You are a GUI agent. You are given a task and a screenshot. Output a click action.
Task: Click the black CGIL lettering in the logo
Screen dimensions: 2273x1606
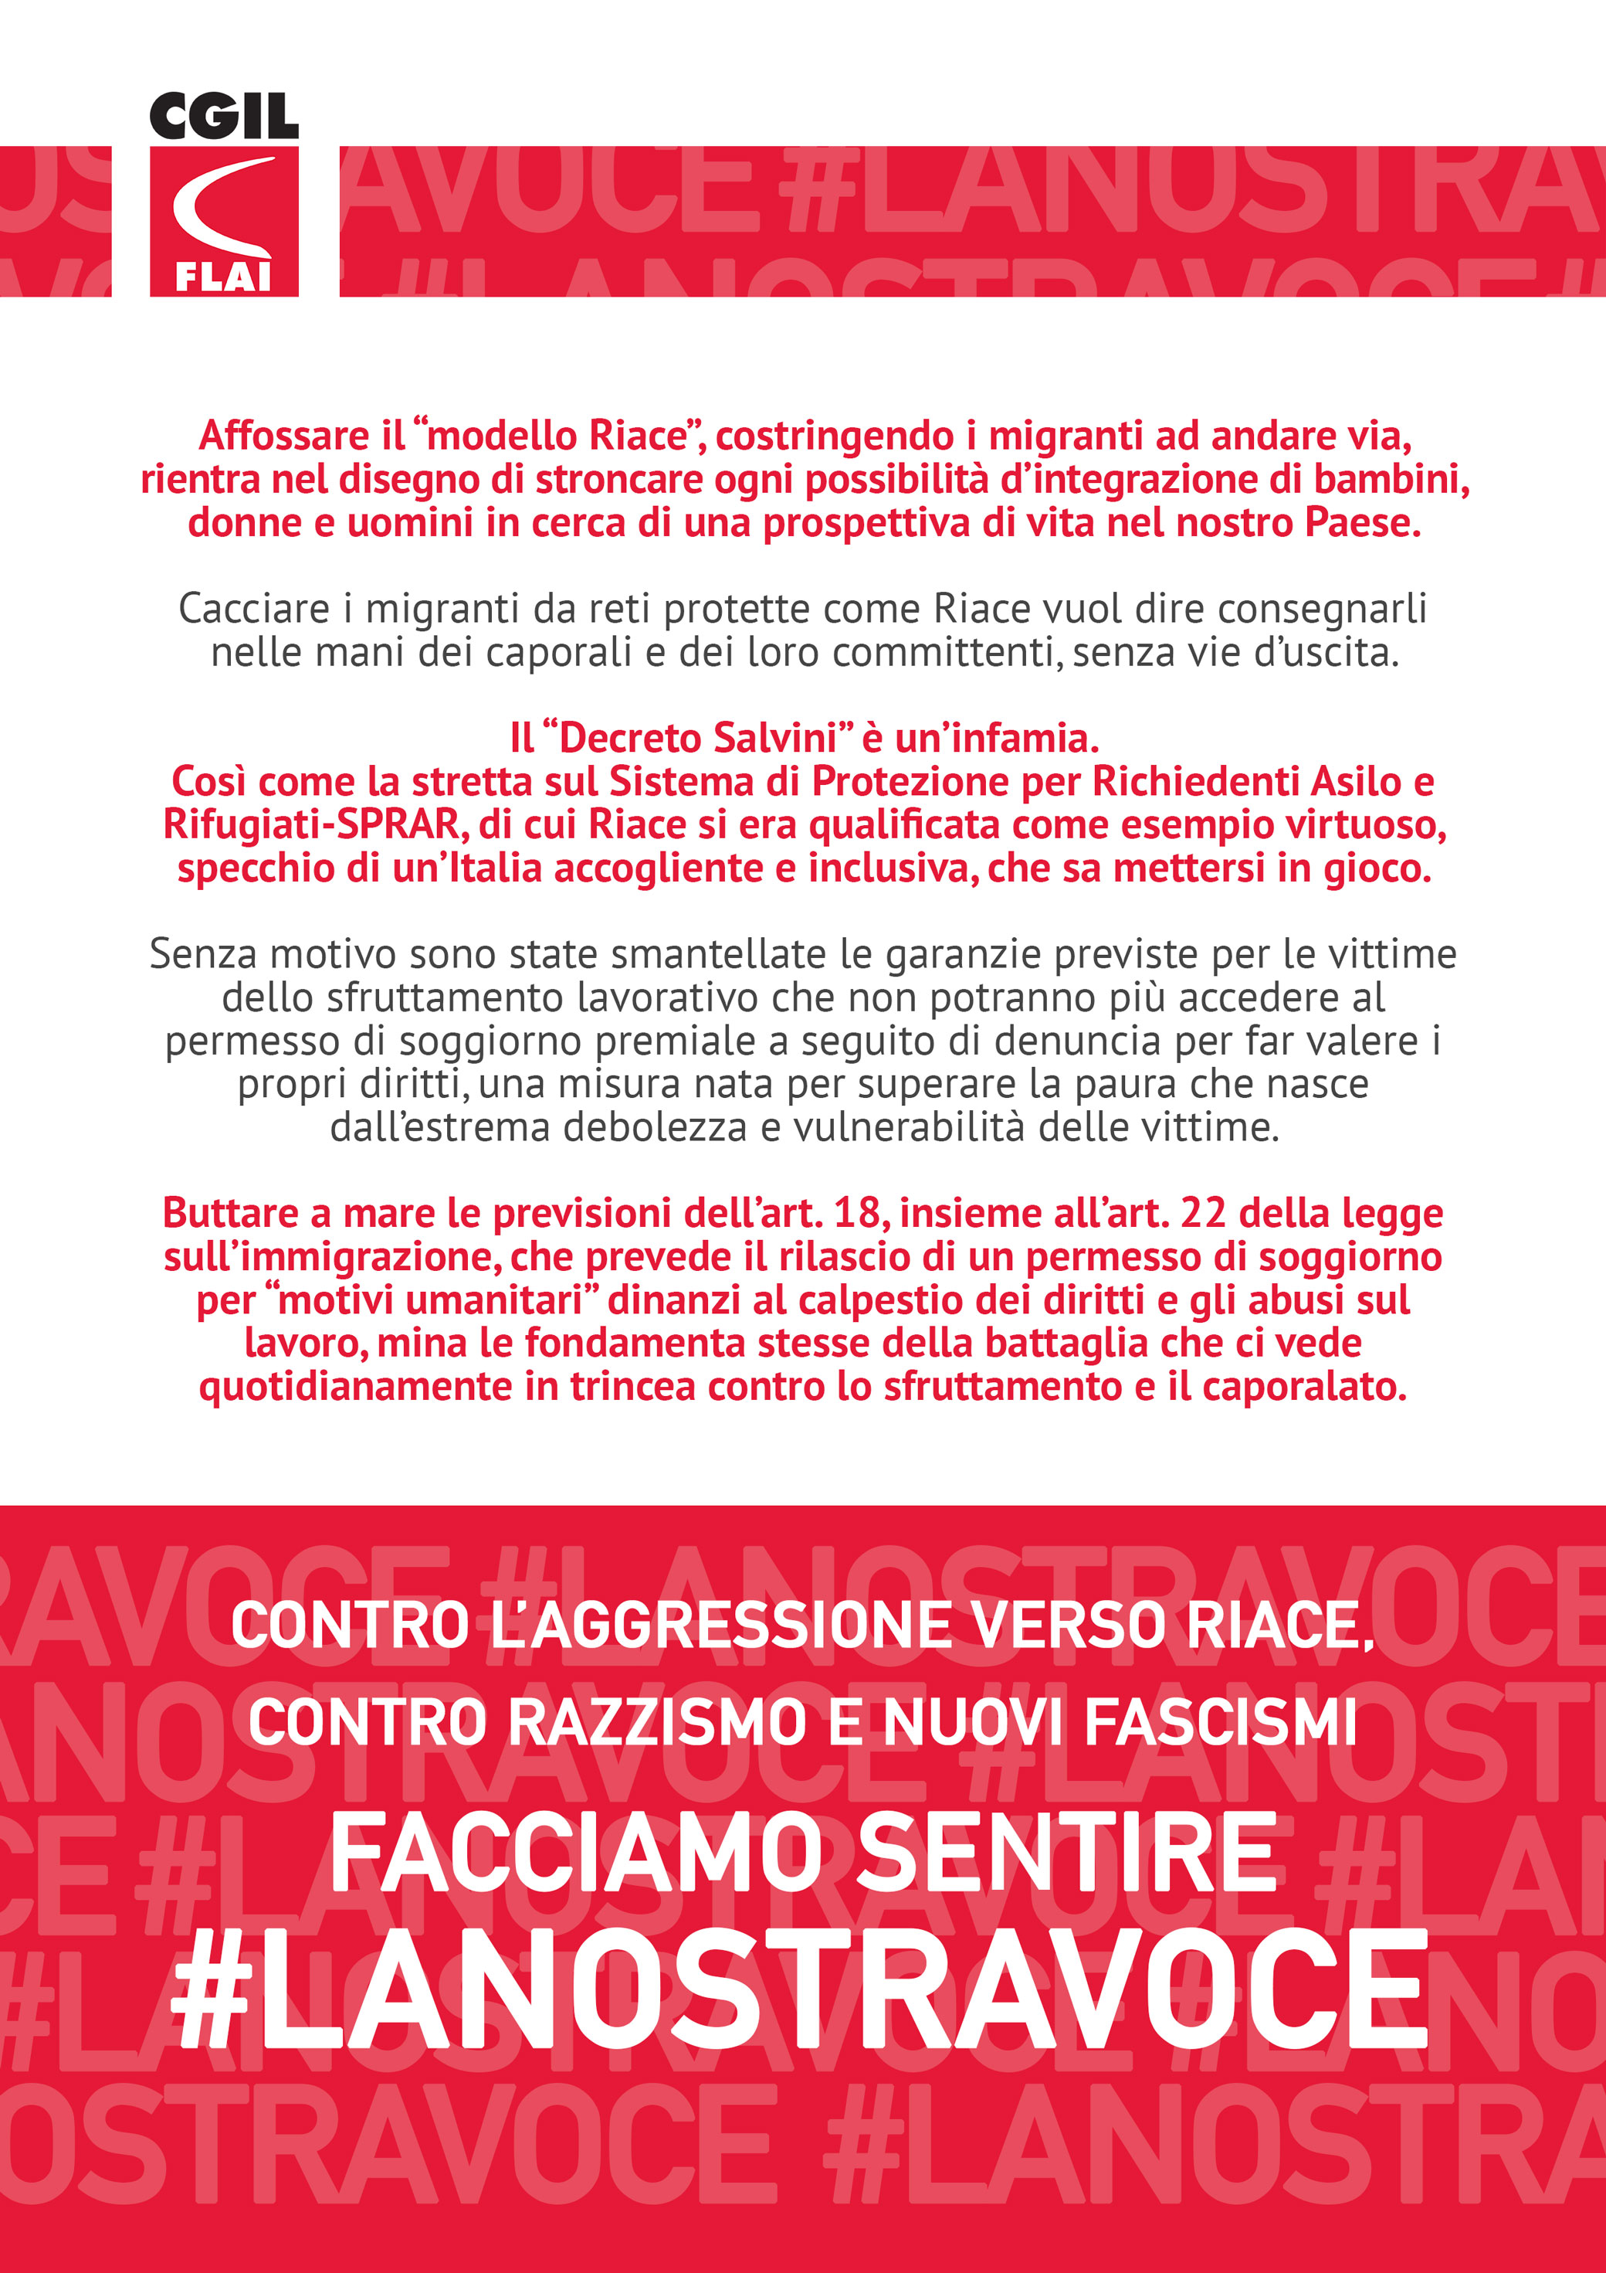click(x=224, y=117)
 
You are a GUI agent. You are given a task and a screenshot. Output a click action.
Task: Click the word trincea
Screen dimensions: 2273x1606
click(x=632, y=1387)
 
